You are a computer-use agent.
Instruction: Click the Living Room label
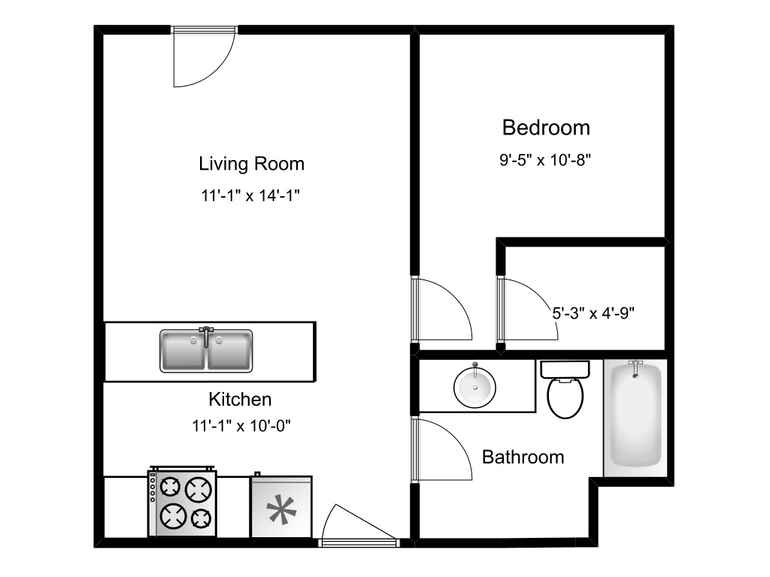click(251, 164)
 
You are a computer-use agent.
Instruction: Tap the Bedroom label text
click(546, 128)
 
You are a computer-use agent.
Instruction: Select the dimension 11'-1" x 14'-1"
click(251, 197)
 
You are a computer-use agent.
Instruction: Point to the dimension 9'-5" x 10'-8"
click(546, 160)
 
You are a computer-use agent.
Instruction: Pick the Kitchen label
click(240, 400)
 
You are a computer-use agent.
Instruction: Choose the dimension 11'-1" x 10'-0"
click(241, 426)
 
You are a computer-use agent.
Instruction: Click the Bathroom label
click(523, 457)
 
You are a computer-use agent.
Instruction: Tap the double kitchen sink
click(207, 351)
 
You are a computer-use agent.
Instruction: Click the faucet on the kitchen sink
click(206, 331)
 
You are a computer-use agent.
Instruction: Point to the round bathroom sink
click(474, 386)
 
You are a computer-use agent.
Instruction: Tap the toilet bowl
click(565, 398)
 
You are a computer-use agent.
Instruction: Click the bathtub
click(635, 417)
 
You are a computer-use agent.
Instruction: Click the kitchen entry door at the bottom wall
click(356, 526)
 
